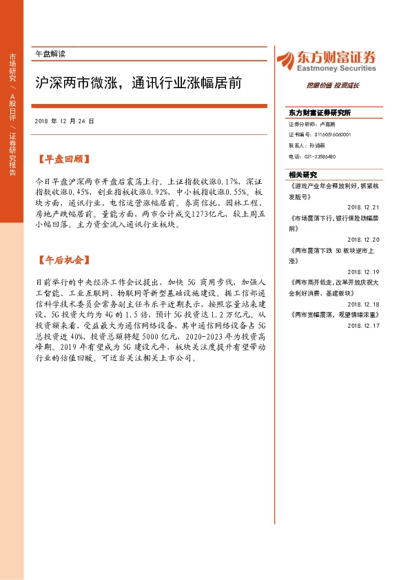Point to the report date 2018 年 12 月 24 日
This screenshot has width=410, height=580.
click(x=64, y=121)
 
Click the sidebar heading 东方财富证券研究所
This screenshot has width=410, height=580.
click(x=320, y=112)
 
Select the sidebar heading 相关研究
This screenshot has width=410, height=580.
click(x=303, y=175)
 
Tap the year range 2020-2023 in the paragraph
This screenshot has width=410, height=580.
click(x=205, y=338)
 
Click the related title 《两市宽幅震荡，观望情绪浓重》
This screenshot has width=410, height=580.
click(x=327, y=314)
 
